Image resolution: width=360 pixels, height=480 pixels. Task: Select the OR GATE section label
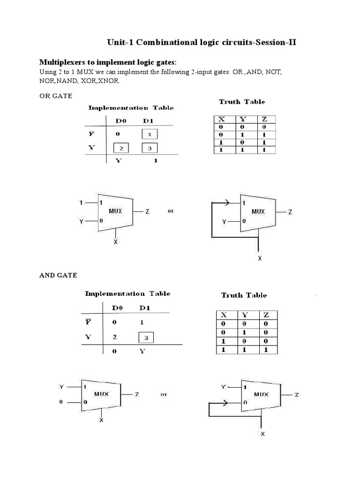click(55, 96)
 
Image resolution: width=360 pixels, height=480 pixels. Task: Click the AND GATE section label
click(58, 275)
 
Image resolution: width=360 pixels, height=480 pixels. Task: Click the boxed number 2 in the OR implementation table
click(120, 149)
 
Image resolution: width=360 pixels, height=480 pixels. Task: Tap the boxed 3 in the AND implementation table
click(146, 337)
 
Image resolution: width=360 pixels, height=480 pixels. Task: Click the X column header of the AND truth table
click(224, 315)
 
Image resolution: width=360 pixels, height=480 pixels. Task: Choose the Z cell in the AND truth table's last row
click(266, 350)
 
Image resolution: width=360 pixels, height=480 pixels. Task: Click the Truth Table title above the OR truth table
click(242, 102)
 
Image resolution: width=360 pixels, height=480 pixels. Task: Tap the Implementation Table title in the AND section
click(127, 293)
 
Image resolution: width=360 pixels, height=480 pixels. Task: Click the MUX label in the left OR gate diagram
click(115, 211)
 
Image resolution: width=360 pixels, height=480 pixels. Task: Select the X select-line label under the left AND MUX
click(101, 420)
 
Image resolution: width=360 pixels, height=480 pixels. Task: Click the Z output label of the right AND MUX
click(296, 395)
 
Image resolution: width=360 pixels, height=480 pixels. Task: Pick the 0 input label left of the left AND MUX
click(60, 402)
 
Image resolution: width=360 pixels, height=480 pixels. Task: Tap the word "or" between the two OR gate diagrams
click(170, 211)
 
